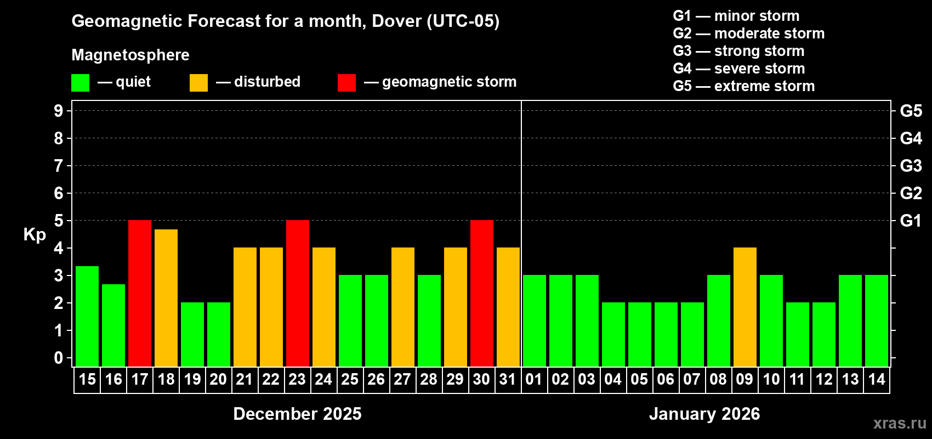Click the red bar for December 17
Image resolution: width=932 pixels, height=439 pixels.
140,294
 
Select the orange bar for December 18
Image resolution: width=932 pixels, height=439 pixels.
166,298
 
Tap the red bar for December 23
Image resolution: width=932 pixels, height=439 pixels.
298,294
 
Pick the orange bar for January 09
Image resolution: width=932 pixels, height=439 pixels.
745,307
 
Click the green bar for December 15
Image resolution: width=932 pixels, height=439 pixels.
87,316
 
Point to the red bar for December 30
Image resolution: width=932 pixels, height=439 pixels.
482,294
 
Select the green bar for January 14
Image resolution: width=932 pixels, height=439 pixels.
877,321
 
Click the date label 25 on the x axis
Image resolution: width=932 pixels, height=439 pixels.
350,380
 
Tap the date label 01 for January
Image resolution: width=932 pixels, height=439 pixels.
534,380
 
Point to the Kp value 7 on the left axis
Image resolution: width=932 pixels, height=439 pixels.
59,166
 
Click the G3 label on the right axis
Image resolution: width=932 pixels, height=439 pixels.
911,166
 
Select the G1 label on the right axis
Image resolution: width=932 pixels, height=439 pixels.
911,221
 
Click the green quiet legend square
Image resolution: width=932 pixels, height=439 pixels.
81,83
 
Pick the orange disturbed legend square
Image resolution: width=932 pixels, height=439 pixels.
199,83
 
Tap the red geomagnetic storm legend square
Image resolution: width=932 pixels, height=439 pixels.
347,83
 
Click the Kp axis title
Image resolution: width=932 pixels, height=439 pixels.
35,235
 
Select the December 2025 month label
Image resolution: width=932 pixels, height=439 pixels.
297,414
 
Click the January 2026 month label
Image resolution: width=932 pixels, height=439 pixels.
704,414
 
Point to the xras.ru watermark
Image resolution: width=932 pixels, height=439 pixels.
900,423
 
